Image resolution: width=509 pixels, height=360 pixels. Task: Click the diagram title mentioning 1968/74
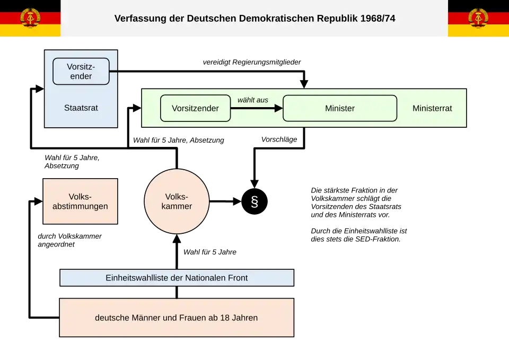(254, 19)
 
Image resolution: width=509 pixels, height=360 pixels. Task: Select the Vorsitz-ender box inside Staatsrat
(81, 72)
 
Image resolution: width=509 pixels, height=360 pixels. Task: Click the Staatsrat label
(81, 108)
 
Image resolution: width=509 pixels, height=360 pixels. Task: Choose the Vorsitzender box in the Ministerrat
(195, 108)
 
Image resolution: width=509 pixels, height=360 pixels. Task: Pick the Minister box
(340, 108)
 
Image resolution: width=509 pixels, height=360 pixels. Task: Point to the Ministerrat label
(432, 108)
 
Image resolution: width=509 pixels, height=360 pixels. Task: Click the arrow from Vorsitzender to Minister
(257, 108)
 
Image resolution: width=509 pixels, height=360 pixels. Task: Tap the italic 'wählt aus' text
(253, 100)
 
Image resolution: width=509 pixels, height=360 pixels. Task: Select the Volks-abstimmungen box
(80, 201)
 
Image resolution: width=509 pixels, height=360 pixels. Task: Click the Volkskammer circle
(177, 201)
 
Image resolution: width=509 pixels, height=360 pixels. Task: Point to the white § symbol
(254, 202)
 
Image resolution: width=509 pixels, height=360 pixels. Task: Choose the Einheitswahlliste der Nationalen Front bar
(177, 278)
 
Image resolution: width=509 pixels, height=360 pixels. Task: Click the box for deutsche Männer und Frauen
(177, 318)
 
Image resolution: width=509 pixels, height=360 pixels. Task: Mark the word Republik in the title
(336, 19)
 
